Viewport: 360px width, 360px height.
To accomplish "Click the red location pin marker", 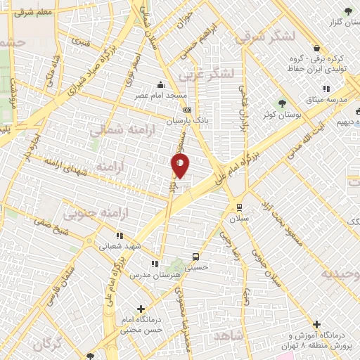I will (180, 166).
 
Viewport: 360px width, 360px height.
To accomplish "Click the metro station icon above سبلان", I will (240, 207).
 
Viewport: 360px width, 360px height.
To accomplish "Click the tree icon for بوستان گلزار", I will (348, 11).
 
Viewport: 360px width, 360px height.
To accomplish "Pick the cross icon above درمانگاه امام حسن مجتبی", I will (141, 308).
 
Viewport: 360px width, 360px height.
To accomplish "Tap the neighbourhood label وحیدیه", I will (340, 274).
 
